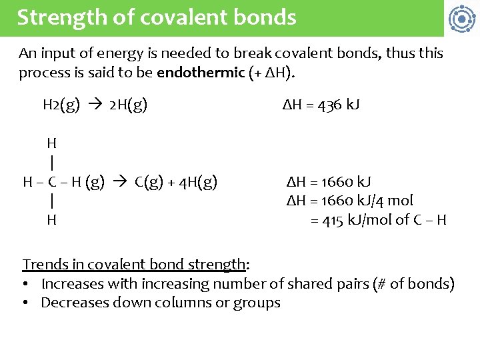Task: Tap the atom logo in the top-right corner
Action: click(461, 19)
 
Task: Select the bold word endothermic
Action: click(201, 73)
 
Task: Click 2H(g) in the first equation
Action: click(129, 105)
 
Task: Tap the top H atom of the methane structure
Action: click(51, 143)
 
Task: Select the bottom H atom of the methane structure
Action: click(51, 220)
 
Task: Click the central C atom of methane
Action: click(52, 181)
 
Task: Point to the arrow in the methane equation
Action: click(119, 181)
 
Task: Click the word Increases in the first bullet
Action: click(73, 284)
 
